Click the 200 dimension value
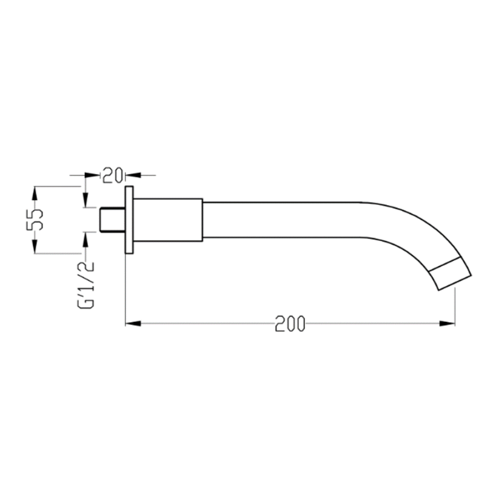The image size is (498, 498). coord(290,324)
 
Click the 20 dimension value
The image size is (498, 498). coord(113,175)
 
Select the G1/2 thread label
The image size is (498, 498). coord(87,285)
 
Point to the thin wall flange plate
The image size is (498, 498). coord(129,220)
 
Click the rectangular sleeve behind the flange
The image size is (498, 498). coord(168,220)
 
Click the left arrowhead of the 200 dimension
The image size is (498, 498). coord(133,323)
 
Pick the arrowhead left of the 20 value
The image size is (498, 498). coord(94,175)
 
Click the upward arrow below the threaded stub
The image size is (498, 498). coord(85,238)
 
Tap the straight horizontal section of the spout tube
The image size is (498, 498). coord(280,220)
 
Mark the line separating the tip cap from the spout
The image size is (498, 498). coord(444,264)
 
